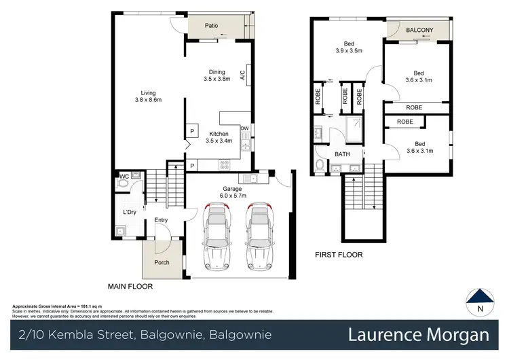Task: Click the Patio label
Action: click(213, 26)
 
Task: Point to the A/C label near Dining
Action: click(242, 76)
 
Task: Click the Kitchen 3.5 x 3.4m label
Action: click(219, 137)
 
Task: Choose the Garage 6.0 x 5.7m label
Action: click(238, 192)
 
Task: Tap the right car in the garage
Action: click(259, 238)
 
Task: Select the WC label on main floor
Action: click(124, 177)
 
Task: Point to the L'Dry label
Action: click(130, 213)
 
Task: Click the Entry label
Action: click(161, 219)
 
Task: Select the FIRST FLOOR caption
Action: click(339, 255)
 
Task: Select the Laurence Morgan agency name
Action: click(418, 335)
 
